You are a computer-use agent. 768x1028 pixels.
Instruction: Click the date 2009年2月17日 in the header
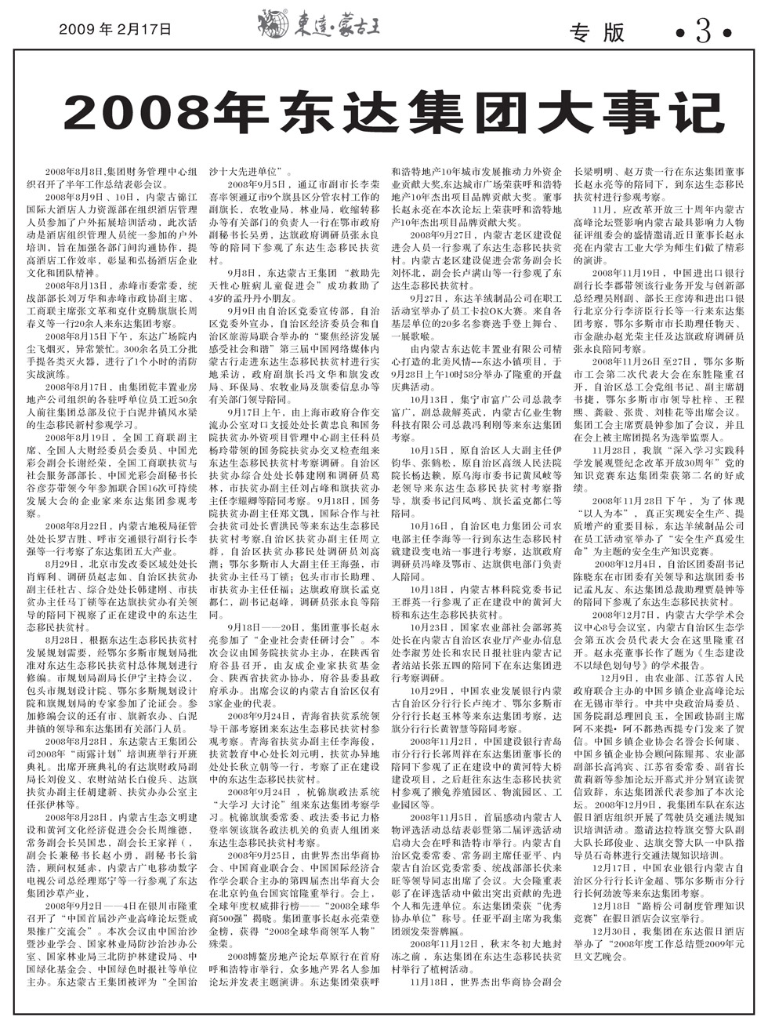114,29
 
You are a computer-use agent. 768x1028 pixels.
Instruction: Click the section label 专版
597,33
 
